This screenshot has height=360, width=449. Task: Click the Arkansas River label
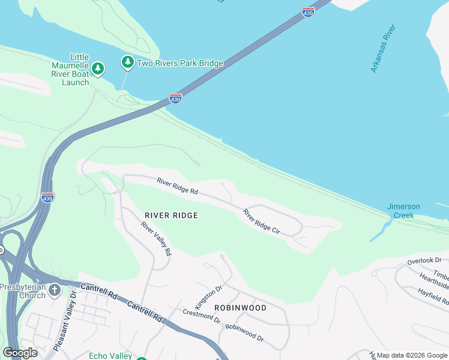point(383,49)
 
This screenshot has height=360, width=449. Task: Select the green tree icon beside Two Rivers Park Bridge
point(127,62)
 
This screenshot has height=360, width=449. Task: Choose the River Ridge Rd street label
point(177,185)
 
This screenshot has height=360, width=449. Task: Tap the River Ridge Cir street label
point(262,222)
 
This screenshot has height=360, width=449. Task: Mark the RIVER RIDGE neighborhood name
point(171,215)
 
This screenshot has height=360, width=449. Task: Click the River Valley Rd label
point(156,239)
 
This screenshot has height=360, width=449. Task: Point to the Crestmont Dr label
point(202,315)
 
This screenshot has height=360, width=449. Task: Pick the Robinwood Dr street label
point(244,332)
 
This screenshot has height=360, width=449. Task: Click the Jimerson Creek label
point(403,211)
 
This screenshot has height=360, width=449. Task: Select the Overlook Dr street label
point(424,261)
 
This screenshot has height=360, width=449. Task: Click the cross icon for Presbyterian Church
point(55,291)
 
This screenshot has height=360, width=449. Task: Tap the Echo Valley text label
point(110,356)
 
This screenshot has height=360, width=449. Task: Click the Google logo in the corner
point(20,353)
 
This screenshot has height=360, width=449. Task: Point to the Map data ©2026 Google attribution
point(412,355)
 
